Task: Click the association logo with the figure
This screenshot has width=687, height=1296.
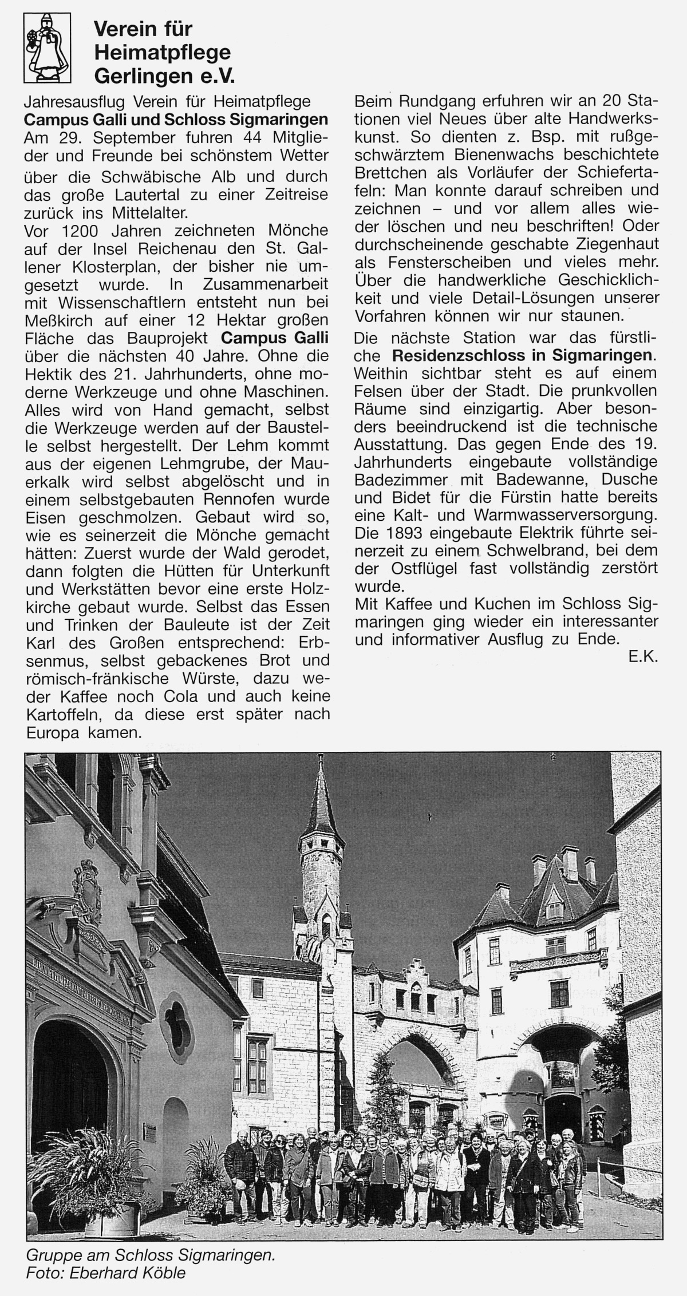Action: pyautogui.click(x=47, y=48)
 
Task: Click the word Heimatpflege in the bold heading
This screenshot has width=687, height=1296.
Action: pyautogui.click(x=162, y=52)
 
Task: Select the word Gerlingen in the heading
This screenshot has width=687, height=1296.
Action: pyautogui.click(x=139, y=76)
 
